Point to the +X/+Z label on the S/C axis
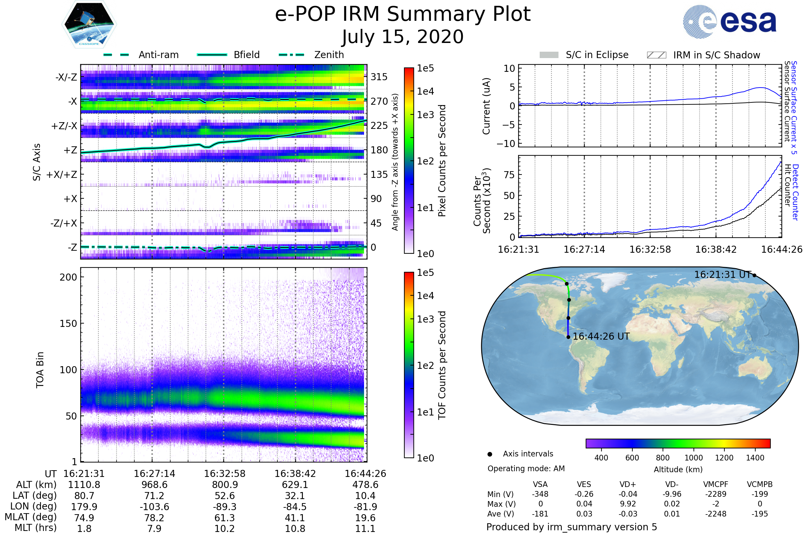pos(62,175)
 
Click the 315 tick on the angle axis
pos(379,77)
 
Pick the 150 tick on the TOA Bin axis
pos(68,324)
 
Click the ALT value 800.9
pos(224,485)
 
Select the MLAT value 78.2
pos(154,518)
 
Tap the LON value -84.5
pos(295,506)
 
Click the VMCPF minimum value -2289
pos(716,494)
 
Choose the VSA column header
pos(540,484)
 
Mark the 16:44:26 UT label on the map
pos(601,337)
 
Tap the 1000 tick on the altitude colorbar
pos(693,458)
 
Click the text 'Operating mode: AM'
pos(526,469)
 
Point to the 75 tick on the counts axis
pos(509,175)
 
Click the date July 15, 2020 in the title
pos(403,37)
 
